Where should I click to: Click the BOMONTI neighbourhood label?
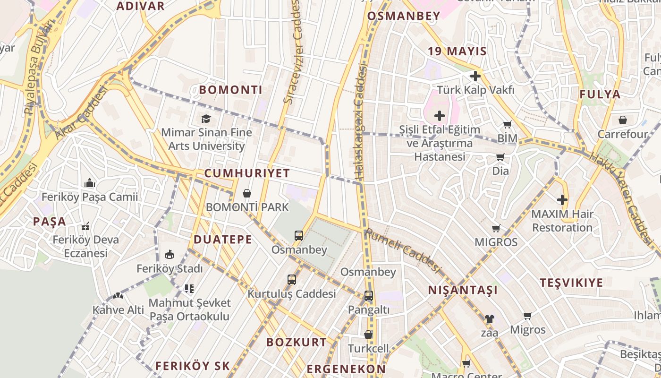tap(230, 90)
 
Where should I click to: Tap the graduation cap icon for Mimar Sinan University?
tap(206, 118)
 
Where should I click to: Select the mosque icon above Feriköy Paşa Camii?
tap(90, 183)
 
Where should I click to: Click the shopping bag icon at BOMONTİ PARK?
tap(246, 193)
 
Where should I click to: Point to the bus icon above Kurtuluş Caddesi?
tap(292, 280)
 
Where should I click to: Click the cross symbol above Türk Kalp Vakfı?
tap(475, 76)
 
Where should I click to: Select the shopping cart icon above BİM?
tap(507, 125)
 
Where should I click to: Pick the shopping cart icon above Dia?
tap(500, 157)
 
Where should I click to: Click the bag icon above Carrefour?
tap(623, 120)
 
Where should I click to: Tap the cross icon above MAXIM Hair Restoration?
tap(562, 200)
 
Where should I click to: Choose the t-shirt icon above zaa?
tap(489, 319)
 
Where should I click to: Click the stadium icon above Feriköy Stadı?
tap(169, 255)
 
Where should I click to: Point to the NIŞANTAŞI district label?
tap(463, 290)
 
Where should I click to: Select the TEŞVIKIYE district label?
tap(571, 283)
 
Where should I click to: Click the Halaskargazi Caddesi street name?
tap(361, 123)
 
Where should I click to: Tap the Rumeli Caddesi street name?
tap(402, 250)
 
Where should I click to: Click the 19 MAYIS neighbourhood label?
tap(457, 52)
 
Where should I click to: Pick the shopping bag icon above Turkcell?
tap(368, 335)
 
